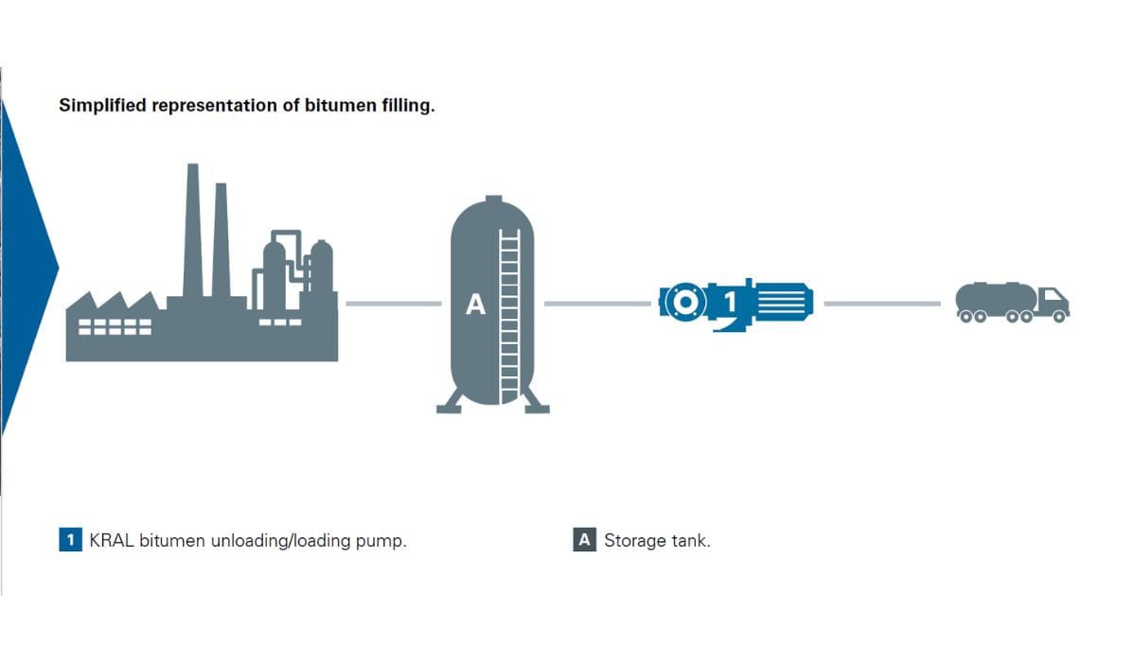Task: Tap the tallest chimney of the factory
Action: (193, 231)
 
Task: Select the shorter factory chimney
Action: (221, 240)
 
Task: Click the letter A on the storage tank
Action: (475, 305)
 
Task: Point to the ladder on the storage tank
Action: (509, 317)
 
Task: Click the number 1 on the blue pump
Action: (730, 302)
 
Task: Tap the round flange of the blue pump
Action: (685, 302)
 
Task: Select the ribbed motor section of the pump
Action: (783, 302)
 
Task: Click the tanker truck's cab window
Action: (1053, 295)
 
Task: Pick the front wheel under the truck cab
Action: (1059, 317)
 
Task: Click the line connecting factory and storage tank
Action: (394, 304)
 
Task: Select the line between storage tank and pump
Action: (597, 304)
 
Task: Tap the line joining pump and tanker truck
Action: (882, 304)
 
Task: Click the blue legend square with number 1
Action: (70, 539)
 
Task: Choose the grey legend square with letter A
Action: (585, 539)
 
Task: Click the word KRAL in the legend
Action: (112, 540)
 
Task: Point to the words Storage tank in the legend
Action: (657, 540)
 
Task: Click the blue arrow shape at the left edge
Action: (26, 267)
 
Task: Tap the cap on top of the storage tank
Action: (493, 199)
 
